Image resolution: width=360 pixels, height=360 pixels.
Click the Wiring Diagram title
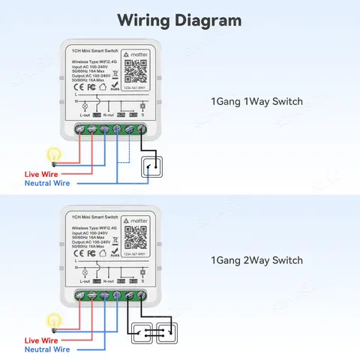pos(180,19)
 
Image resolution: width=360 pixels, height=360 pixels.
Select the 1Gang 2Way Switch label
pos(256,260)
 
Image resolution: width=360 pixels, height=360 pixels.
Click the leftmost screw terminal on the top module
pos(80,128)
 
